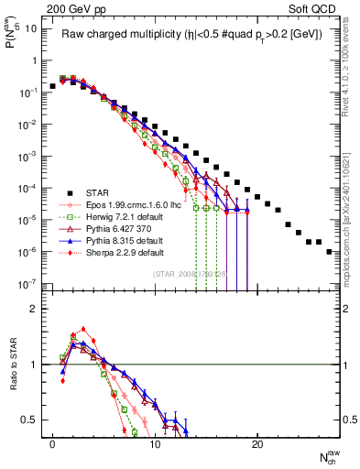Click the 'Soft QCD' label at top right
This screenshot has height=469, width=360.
pos(316,7)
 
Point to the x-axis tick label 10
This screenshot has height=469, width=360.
pos(155,443)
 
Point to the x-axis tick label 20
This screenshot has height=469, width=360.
pos(257,443)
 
